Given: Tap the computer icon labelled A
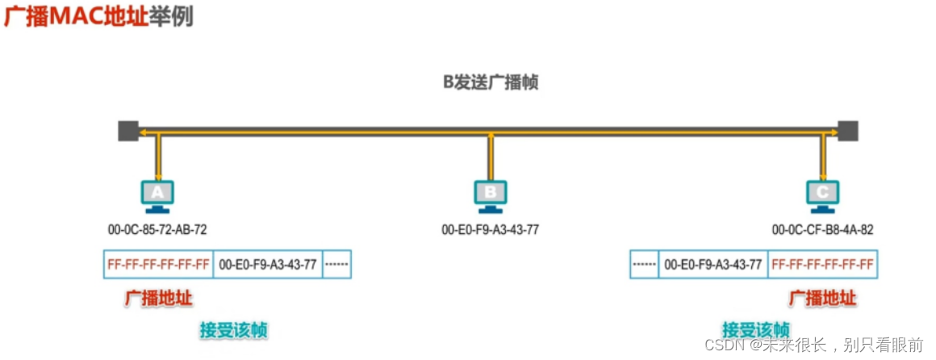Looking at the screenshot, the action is tap(158, 195).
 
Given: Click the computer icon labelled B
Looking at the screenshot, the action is tap(490, 195).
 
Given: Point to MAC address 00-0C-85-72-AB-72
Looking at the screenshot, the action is tap(157, 229).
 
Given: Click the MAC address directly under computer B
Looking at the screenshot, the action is tap(490, 229).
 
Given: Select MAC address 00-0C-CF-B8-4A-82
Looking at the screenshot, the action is tap(822, 229).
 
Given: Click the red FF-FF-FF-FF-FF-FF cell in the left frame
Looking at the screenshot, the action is tap(158, 265).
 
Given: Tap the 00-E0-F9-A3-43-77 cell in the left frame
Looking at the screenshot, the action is tap(268, 265).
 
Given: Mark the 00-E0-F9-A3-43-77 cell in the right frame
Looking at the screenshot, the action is tap(712, 265).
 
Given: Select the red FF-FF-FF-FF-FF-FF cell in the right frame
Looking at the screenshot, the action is tap(822, 265).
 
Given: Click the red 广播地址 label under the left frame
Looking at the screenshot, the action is tap(158, 298).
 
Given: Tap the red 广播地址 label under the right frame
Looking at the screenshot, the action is tap(822, 298).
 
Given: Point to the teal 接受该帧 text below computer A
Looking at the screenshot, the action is tap(234, 329).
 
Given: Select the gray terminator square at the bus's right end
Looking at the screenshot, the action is tap(847, 131).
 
